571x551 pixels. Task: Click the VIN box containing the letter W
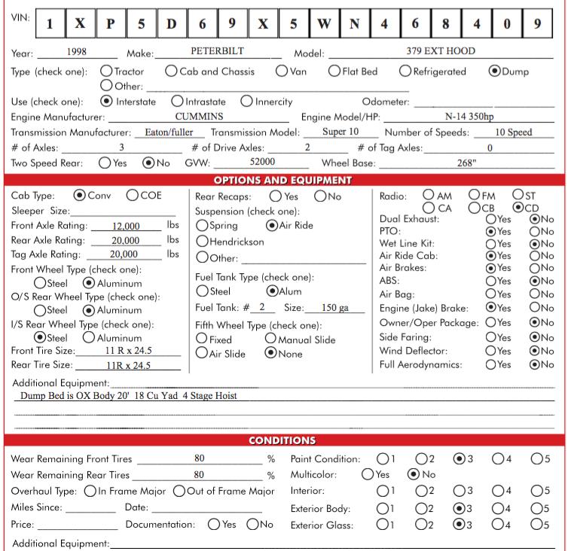click(x=322, y=23)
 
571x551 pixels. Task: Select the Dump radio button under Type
click(x=495, y=72)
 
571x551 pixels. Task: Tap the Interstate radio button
click(x=106, y=102)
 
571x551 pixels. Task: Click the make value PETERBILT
click(x=217, y=53)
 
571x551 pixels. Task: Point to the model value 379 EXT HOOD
click(x=441, y=53)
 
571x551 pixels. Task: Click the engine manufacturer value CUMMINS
click(x=199, y=117)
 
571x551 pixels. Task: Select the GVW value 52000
click(x=262, y=161)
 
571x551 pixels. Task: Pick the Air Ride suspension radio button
click(x=272, y=225)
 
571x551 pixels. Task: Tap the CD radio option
click(x=518, y=207)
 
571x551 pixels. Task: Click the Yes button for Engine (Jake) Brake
click(x=491, y=307)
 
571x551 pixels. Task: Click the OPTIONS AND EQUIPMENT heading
click(x=282, y=180)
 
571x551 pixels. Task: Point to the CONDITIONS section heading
click(x=282, y=440)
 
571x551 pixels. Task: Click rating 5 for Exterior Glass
click(x=536, y=525)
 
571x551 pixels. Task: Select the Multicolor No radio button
click(x=413, y=475)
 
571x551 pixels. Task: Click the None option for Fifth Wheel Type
click(x=270, y=353)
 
